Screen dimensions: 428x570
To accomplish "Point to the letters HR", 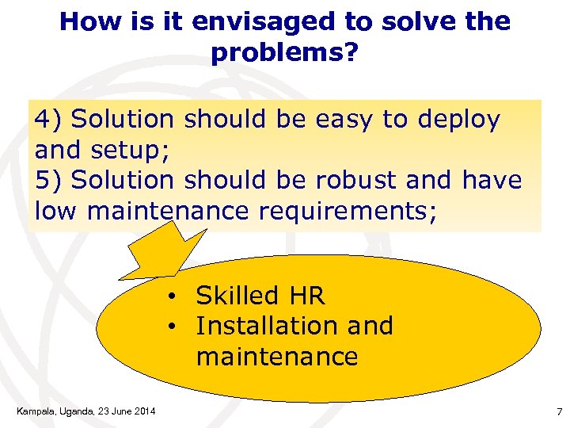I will [x=307, y=296].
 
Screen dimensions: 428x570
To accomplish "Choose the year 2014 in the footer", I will [x=143, y=410].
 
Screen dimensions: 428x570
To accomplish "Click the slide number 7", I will [x=558, y=411].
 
